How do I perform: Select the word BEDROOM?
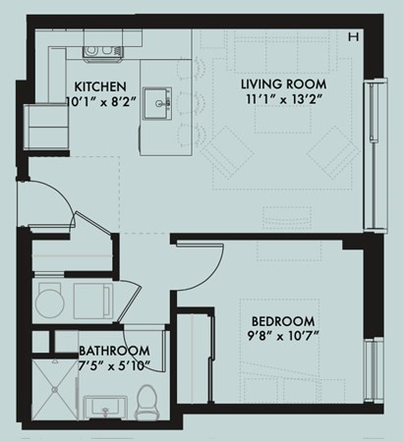[282, 321]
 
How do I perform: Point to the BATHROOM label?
[114, 351]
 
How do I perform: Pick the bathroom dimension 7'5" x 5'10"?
[114, 365]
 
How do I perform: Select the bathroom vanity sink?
[100, 406]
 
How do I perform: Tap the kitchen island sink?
[156, 100]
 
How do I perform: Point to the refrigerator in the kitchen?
[42, 125]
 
